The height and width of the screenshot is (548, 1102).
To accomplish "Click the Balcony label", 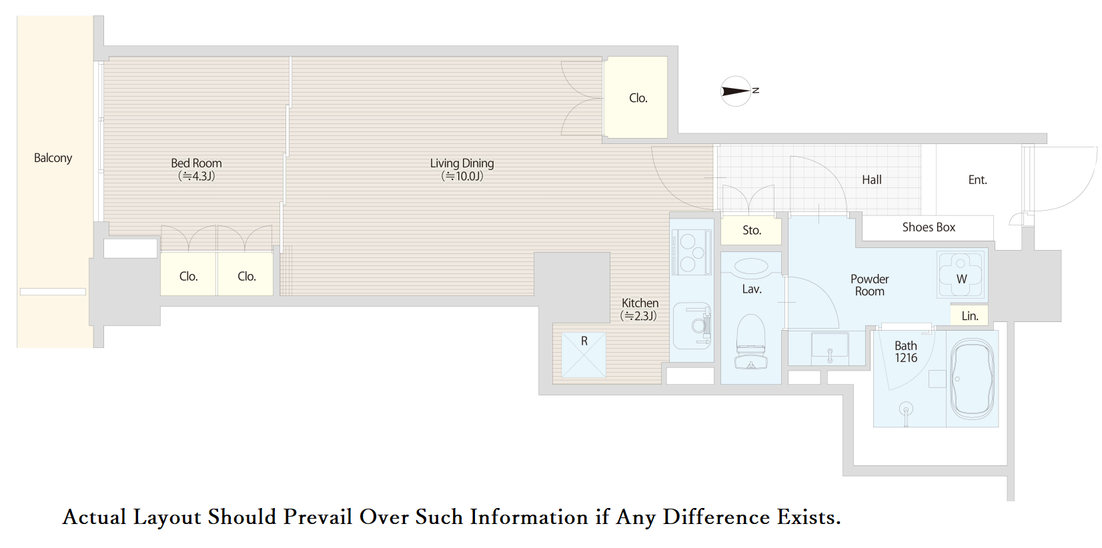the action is pyautogui.click(x=53, y=158).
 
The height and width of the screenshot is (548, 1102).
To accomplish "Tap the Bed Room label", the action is pyautogui.click(x=196, y=163).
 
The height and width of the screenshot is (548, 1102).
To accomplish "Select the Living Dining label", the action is pyautogui.click(x=462, y=163).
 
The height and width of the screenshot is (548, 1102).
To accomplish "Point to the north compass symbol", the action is pyautogui.click(x=736, y=91).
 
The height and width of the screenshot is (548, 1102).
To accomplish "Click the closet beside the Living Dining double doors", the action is pyautogui.click(x=636, y=97).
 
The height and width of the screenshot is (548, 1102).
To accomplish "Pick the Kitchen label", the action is pyautogui.click(x=640, y=303).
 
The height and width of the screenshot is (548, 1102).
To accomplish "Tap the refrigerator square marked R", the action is pyautogui.click(x=584, y=355).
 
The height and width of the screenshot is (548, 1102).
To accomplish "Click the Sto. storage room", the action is pyautogui.click(x=751, y=231).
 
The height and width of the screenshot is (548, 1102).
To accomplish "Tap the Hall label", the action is pyautogui.click(x=872, y=180).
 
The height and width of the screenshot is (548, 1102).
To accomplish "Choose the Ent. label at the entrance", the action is pyautogui.click(x=977, y=180).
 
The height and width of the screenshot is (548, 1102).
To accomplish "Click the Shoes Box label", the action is pyautogui.click(x=929, y=227).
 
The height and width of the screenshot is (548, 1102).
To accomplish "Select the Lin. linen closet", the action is pyautogui.click(x=969, y=315).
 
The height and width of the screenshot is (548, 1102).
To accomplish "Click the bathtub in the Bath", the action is pyautogui.click(x=972, y=379).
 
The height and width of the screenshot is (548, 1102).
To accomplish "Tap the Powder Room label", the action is pyautogui.click(x=870, y=285).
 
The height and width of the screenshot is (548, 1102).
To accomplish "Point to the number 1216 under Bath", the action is pyautogui.click(x=906, y=358).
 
